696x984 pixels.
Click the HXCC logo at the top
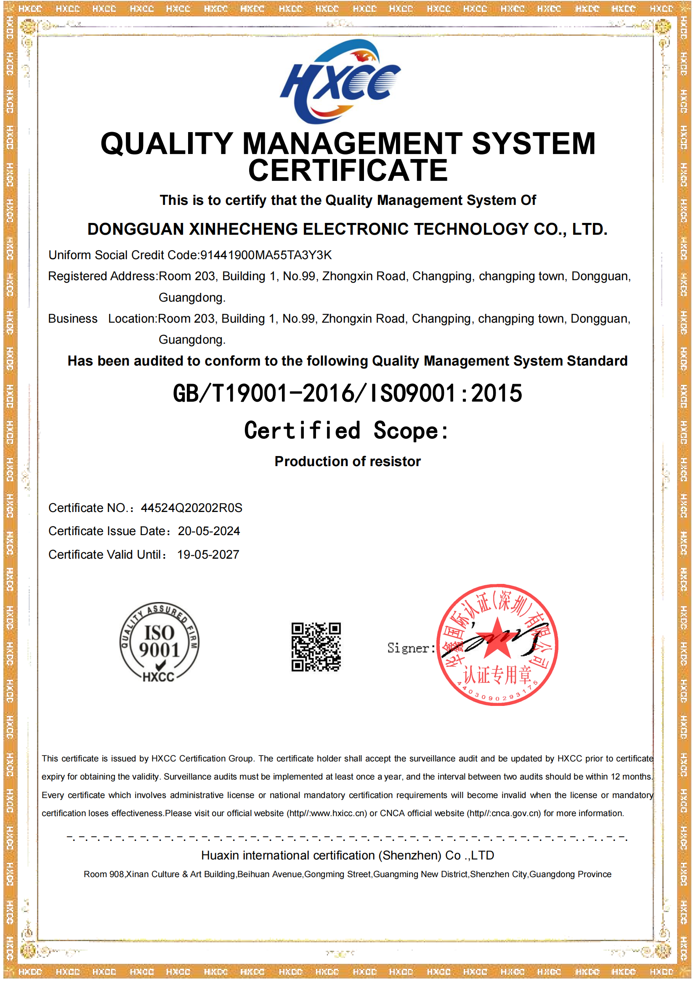[340, 82]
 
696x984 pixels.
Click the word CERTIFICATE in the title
[348, 170]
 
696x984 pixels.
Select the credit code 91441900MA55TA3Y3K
[266, 255]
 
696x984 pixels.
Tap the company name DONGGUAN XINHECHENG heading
[348, 229]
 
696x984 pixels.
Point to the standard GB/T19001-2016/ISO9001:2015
[348, 393]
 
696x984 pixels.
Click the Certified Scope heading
[346, 430]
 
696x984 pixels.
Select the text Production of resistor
[348, 461]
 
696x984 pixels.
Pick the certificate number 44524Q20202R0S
[191, 508]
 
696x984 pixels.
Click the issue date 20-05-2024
[209, 531]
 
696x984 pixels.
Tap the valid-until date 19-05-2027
[208, 554]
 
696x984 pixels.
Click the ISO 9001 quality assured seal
[159, 642]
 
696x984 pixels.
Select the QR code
[316, 647]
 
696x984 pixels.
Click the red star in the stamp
[497, 639]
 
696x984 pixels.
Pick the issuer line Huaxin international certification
[348, 855]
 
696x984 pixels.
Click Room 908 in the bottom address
[103, 874]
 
